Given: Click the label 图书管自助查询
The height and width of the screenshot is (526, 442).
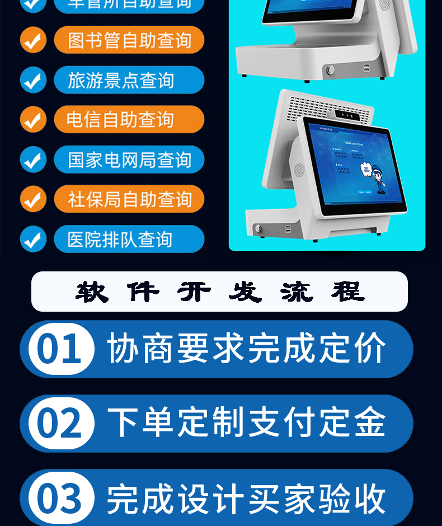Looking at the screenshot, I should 129,40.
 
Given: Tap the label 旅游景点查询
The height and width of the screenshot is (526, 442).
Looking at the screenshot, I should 129,80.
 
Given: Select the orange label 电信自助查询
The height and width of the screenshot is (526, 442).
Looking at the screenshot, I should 129,120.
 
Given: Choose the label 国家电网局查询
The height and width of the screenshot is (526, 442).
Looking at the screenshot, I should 129,160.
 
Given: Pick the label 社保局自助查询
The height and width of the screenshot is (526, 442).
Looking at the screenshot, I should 129,200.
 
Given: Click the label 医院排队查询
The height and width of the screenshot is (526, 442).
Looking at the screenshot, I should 129,239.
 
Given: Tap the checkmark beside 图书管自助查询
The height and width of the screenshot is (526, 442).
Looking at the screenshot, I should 33,40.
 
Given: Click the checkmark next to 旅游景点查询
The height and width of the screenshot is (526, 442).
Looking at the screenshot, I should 33,80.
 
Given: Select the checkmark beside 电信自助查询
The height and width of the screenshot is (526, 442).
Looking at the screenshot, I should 33,120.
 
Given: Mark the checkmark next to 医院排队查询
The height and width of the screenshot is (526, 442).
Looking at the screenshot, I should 33,239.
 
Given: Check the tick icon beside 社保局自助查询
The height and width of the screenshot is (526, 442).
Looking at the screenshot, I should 33,200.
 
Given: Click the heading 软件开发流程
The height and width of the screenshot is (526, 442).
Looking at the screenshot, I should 219,292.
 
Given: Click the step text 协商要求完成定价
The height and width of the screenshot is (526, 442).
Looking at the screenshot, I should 246,349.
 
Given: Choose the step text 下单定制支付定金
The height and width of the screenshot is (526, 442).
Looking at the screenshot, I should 246,423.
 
